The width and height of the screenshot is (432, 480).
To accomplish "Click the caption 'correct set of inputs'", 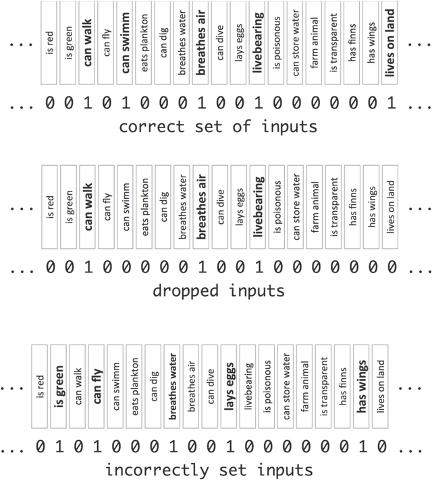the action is click(x=217, y=126).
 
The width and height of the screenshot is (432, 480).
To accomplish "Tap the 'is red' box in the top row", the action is click(x=50, y=42).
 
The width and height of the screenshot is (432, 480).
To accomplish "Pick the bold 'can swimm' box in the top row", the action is click(x=126, y=42).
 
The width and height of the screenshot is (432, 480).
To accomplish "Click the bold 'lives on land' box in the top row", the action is click(x=390, y=42).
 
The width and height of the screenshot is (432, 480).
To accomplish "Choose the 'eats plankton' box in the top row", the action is click(x=144, y=42).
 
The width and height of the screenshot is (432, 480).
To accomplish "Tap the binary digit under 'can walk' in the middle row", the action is click(x=87, y=267).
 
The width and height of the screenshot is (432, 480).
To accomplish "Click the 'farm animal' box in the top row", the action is click(x=315, y=42).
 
